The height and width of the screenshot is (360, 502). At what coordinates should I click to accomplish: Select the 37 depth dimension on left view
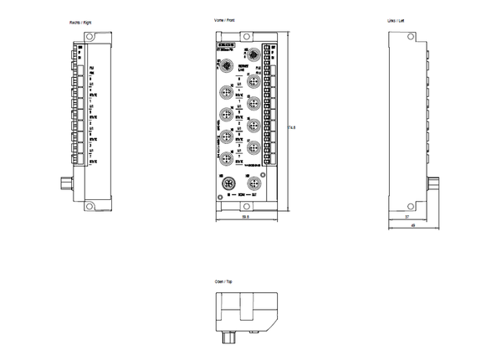pos(407,217)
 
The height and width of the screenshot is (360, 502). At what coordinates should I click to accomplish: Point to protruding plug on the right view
pos(66,182)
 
